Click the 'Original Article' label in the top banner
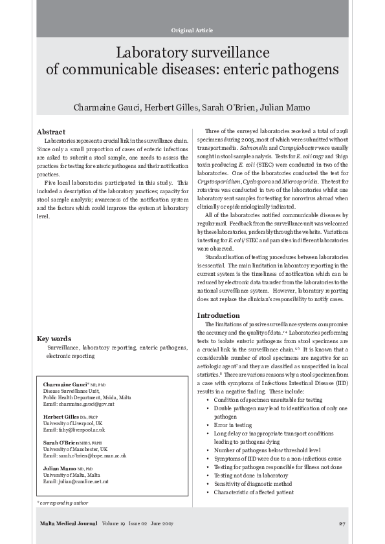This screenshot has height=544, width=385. [x=192, y=31]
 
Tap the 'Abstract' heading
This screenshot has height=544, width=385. [x=51, y=132]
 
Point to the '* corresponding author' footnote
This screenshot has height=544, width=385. [x=63, y=502]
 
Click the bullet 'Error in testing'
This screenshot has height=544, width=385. [x=233, y=425]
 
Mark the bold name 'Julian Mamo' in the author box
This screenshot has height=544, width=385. [x=60, y=468]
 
